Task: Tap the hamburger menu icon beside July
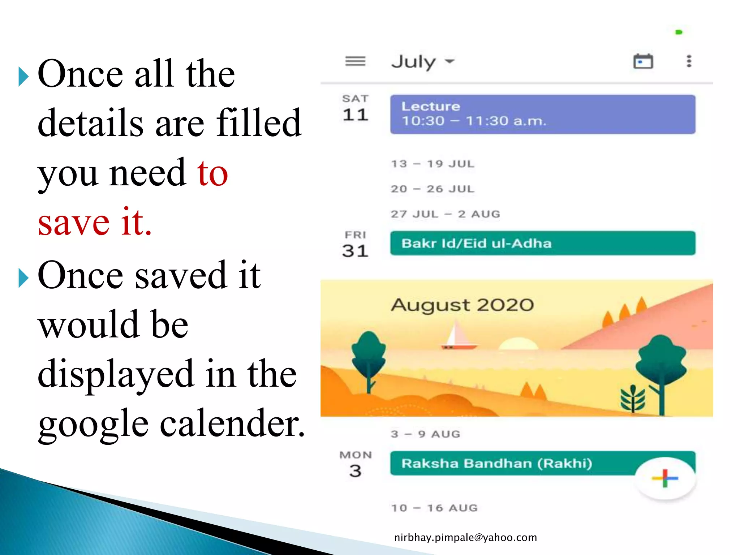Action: point(355,61)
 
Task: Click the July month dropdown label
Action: point(422,61)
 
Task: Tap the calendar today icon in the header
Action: point(643,61)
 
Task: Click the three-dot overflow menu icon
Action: point(689,61)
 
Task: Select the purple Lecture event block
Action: point(542,114)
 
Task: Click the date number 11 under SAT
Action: point(356,115)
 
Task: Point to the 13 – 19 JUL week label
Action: point(433,164)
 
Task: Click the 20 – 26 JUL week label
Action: point(433,189)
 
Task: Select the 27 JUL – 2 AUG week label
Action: point(445,214)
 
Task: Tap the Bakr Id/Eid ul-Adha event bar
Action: point(542,243)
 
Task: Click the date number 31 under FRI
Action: point(355,251)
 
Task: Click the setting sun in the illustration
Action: point(519,344)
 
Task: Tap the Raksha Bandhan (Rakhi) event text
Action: point(496,464)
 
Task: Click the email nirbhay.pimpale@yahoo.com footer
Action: point(465,538)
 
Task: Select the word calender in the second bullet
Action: point(232,423)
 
